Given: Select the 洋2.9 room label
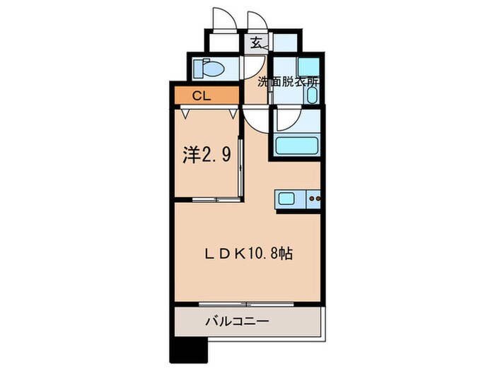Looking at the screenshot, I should [x=207, y=155].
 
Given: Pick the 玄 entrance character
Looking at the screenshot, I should [x=255, y=42].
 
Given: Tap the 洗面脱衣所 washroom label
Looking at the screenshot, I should [x=289, y=81].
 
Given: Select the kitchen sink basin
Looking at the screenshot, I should [x=289, y=199].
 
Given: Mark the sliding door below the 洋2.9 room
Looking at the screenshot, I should [x=207, y=200].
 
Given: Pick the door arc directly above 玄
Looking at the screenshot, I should [x=256, y=20].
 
